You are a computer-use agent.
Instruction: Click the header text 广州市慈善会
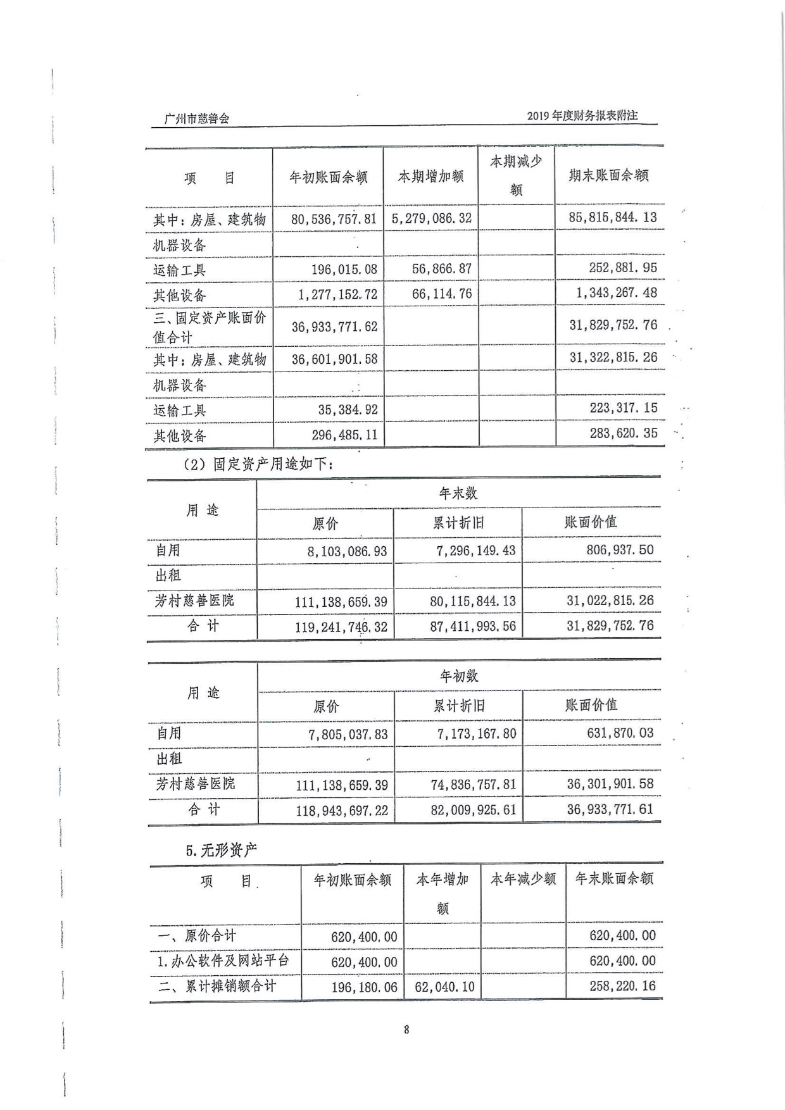point(197,118)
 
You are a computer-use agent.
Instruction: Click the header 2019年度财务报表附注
point(582,116)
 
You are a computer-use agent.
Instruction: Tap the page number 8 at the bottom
point(406,1030)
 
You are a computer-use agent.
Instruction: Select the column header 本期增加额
point(430,177)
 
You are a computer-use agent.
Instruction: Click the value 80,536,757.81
point(334,219)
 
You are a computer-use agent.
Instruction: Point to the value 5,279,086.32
point(431,218)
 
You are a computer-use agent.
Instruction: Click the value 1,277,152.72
point(336,294)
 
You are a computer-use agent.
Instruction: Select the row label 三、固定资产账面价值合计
point(209,327)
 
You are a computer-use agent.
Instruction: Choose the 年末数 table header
point(458,493)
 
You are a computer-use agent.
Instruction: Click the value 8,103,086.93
point(347,551)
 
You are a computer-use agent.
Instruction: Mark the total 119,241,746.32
point(341,627)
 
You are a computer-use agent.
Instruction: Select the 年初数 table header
point(459,676)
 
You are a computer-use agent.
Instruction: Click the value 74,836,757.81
point(473,785)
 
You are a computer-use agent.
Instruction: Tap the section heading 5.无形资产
point(222,851)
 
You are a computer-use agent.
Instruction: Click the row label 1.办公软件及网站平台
point(223,961)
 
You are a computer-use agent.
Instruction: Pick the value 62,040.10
point(444,987)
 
